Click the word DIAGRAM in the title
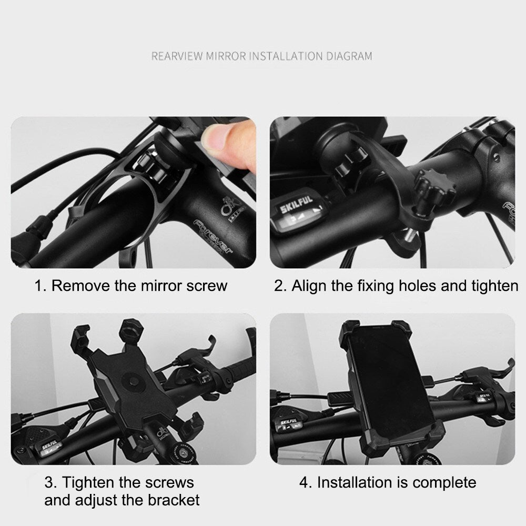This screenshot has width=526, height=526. click(x=348, y=56)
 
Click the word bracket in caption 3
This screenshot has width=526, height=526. click(x=174, y=499)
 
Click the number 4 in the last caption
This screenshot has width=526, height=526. click(x=304, y=482)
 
